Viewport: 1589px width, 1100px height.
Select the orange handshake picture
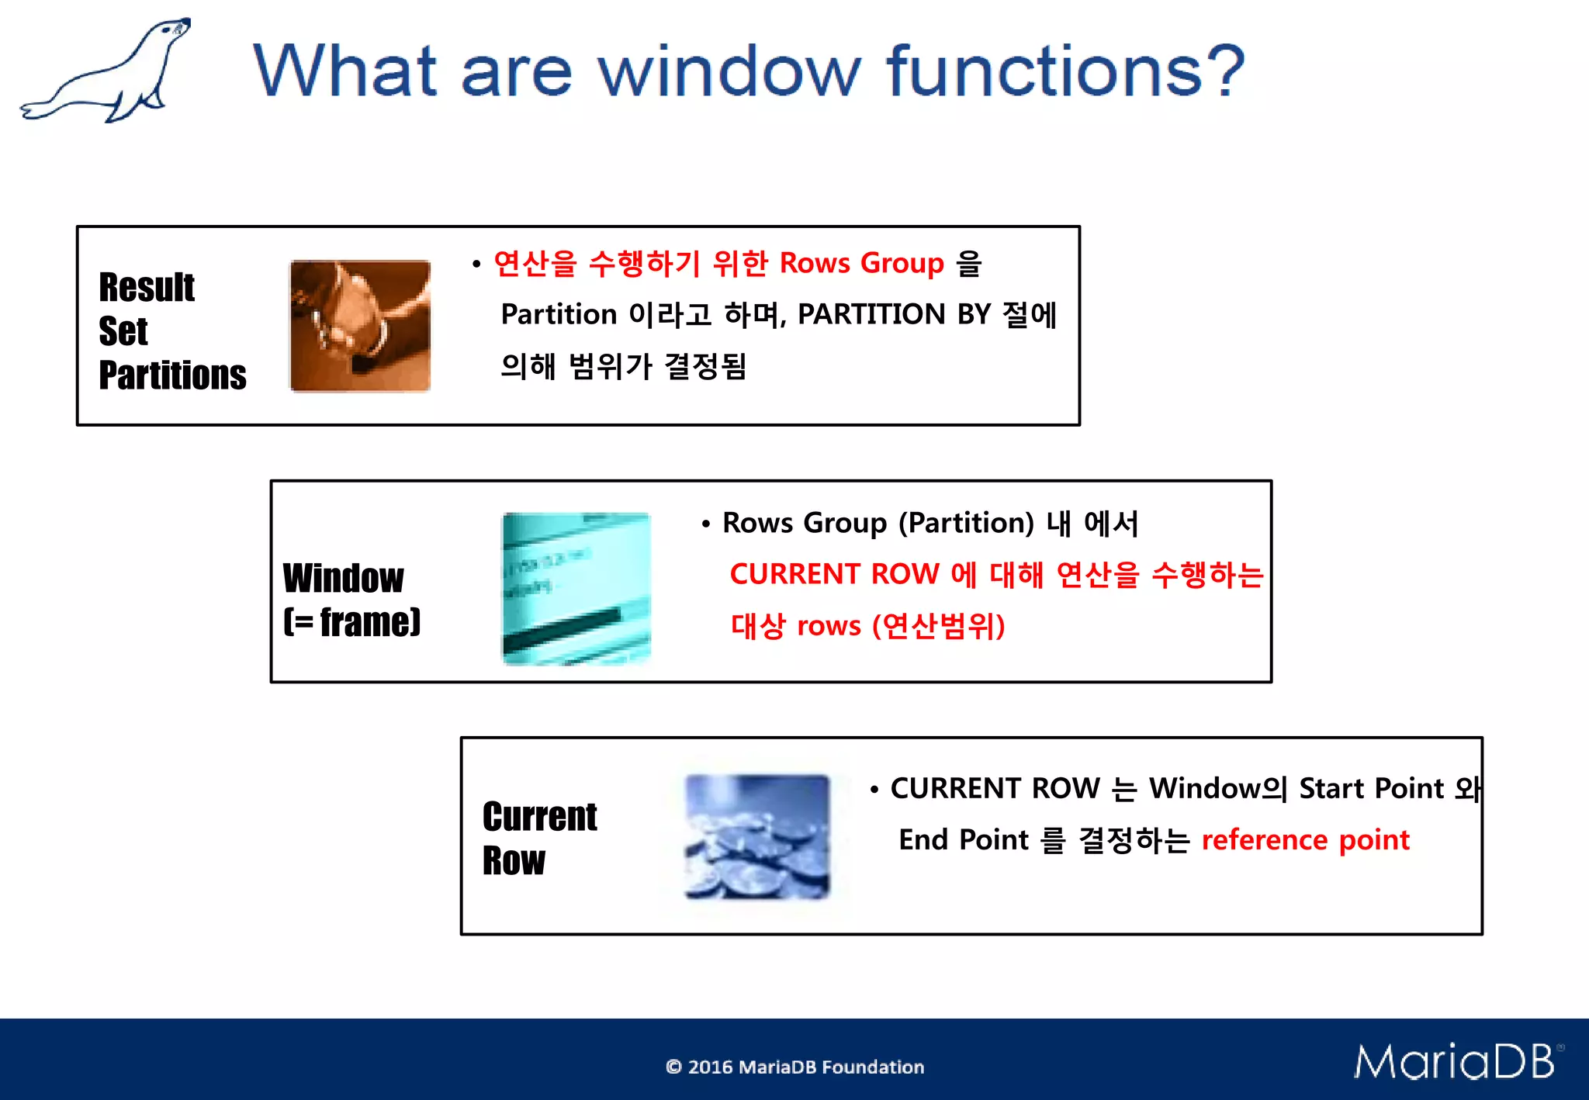tap(360, 326)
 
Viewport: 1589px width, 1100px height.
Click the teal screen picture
tap(576, 588)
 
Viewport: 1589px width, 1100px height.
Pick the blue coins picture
tap(757, 836)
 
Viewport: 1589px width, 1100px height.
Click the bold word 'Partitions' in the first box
tap(172, 375)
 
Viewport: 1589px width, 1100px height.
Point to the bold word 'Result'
tap(147, 288)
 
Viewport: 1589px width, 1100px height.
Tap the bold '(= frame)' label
tap(351, 622)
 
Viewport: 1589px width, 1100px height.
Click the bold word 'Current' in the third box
tap(539, 817)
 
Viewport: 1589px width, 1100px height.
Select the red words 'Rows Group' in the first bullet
tap(861, 264)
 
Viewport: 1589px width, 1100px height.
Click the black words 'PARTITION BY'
tap(894, 315)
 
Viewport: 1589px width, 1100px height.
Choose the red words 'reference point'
tap(1305, 840)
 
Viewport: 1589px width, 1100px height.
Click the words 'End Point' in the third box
tap(963, 840)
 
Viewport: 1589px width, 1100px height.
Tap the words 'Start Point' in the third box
tap(1371, 789)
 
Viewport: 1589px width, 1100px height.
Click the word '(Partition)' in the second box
tap(966, 524)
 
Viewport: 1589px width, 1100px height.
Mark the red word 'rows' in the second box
tap(829, 626)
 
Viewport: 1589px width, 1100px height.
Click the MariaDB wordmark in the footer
tap(1455, 1061)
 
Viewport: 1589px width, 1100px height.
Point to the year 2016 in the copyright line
tap(710, 1067)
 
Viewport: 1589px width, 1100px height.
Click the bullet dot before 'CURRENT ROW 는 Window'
tap(874, 790)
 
